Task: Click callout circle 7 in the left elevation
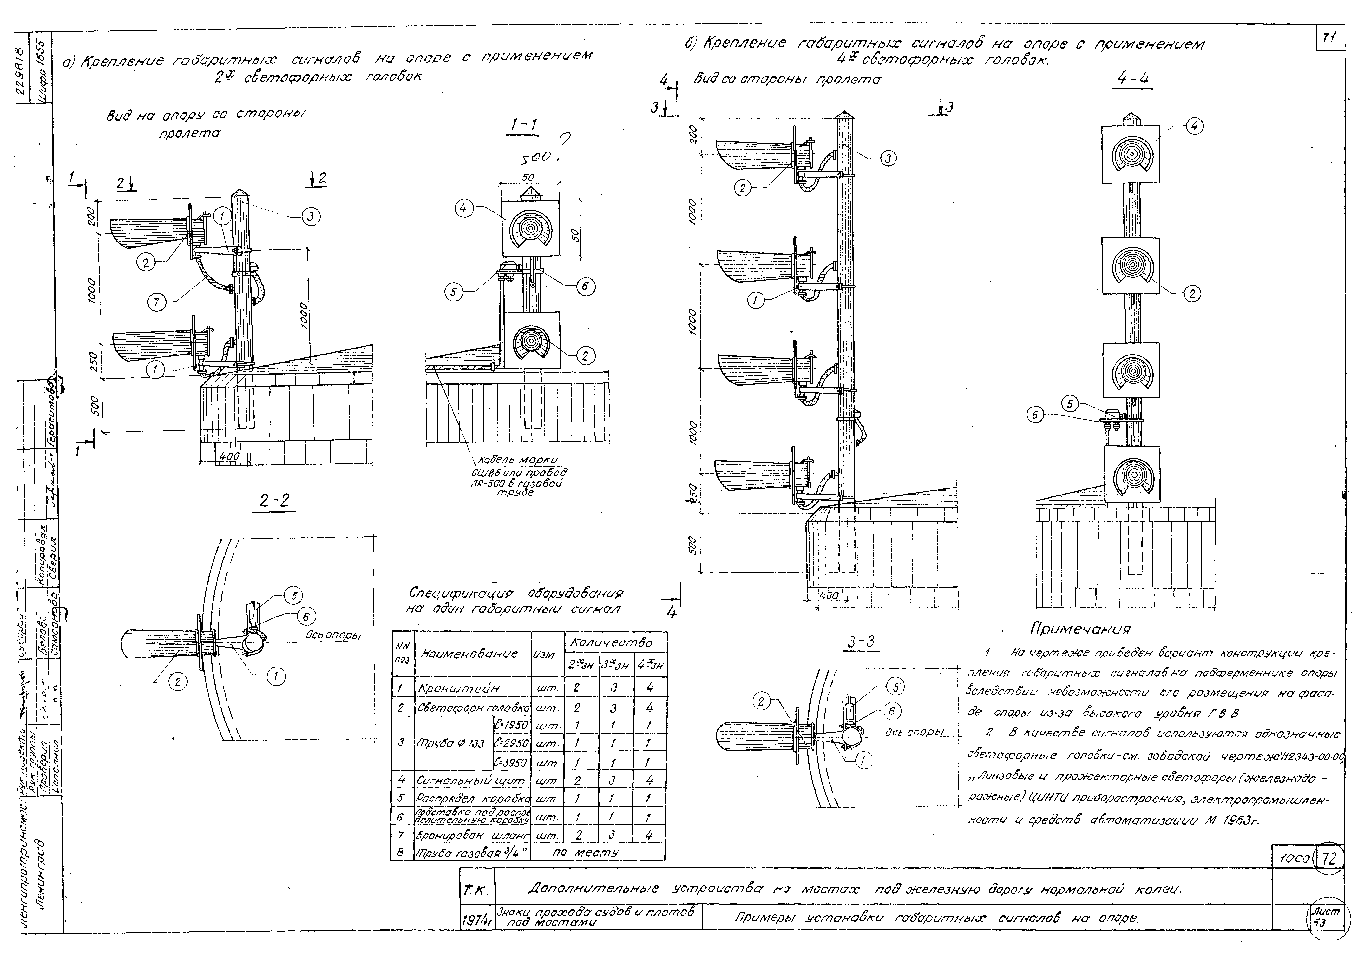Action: pyautogui.click(x=157, y=302)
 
